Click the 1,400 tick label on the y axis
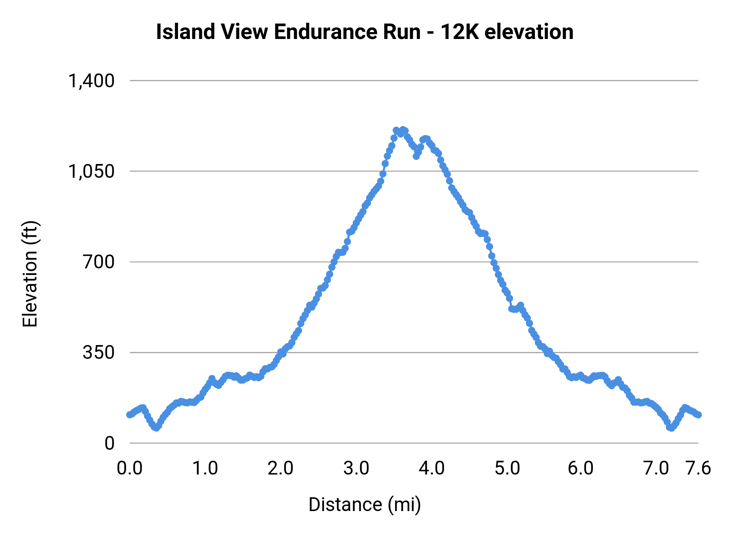coord(91,81)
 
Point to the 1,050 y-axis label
coord(91,172)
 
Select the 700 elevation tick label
coord(99,262)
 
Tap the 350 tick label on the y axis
coord(99,353)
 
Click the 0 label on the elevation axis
coord(109,443)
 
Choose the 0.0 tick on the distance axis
coord(130,468)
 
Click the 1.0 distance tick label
coord(205,468)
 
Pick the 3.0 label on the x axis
coord(356,468)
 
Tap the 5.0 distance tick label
coord(507,468)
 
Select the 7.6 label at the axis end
coord(698,468)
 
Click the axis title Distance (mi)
coord(365,505)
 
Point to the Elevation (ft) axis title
coord(30,274)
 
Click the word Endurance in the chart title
coord(347,32)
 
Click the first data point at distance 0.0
coord(129,414)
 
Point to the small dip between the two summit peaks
coord(416,156)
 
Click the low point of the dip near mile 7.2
coord(671,428)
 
